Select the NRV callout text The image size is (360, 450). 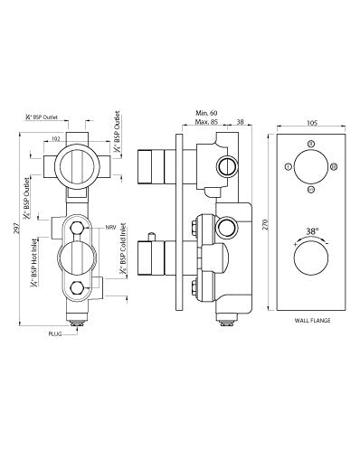[x=110, y=226]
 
